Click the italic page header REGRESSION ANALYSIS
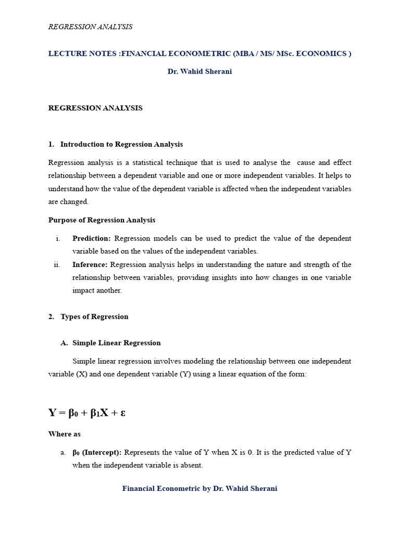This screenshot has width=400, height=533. coord(90,27)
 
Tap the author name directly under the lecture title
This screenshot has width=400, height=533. coord(199,72)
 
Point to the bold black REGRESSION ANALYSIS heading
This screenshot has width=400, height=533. coord(95,108)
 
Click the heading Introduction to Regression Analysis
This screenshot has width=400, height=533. coord(121,144)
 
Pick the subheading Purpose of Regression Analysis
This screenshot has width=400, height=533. coord(102,220)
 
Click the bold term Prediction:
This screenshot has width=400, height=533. coord(91,238)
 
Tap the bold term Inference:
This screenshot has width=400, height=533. coord(90,264)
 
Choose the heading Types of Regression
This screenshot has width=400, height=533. coord(94,316)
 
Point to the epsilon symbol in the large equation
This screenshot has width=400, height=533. coord(123,413)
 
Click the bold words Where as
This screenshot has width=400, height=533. coord(65,434)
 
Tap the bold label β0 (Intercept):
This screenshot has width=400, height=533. coord(97,452)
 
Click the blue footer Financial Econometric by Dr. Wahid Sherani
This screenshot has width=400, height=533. coord(199,489)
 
